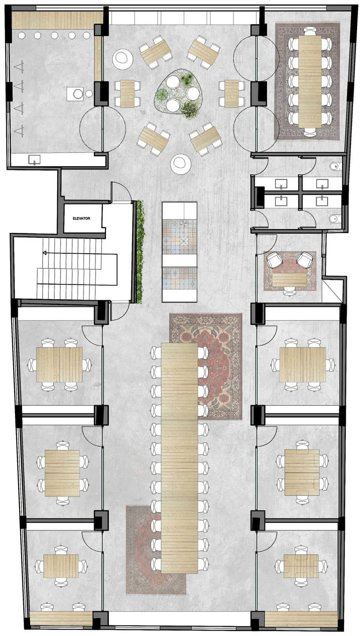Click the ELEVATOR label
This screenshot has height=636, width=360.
[x=82, y=218]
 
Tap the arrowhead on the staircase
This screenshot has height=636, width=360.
[x=44, y=252]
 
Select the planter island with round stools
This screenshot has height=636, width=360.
[x=179, y=91]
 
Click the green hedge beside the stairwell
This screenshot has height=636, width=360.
[x=139, y=252]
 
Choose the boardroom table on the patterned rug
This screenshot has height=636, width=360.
[x=310, y=81]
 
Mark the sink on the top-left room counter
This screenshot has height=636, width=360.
[x=34, y=159]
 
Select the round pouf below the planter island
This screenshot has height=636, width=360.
[x=180, y=163]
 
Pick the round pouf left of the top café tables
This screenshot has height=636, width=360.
[x=123, y=58]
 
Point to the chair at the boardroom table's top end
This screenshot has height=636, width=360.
[x=310, y=30]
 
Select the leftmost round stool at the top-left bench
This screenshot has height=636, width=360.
[x=21, y=35]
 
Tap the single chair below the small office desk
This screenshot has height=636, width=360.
[x=289, y=291]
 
